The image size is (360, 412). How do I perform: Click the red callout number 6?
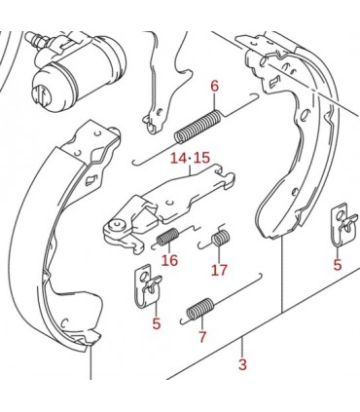(x=215, y=87)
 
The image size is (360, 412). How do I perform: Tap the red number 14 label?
(x=179, y=159)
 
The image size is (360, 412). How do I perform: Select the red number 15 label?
(x=201, y=159)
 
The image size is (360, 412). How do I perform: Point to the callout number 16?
(x=170, y=260)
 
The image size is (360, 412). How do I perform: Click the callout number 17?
(x=219, y=270)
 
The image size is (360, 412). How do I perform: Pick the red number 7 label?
(x=202, y=337)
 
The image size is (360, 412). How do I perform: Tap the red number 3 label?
(x=242, y=364)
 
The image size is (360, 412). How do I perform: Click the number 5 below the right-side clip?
(x=338, y=265)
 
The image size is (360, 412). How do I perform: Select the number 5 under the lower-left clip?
(x=157, y=323)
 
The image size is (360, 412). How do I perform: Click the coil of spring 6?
(x=198, y=127)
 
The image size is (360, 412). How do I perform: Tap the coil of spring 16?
(x=168, y=236)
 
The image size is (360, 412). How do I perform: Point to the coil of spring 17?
(x=221, y=238)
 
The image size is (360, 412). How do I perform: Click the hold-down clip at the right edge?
(x=344, y=226)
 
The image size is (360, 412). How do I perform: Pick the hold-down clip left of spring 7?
(x=148, y=285)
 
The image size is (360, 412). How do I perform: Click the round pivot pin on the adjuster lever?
(x=117, y=225)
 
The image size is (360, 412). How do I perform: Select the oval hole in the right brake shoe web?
(x=305, y=116)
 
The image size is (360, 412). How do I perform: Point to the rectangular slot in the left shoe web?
(x=90, y=179)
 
